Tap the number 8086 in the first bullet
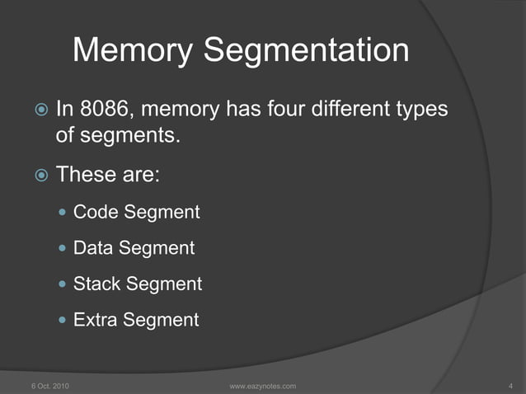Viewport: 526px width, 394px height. click(106, 108)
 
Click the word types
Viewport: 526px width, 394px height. click(422, 110)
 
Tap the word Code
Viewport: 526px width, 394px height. click(96, 212)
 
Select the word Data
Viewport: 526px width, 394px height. click(93, 247)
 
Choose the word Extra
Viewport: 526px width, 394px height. click(96, 320)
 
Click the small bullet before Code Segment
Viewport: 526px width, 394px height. click(63, 213)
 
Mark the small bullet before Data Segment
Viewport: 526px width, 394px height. click(63, 248)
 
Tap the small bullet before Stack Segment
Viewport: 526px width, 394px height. click(63, 284)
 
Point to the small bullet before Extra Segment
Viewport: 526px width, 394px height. click(63, 321)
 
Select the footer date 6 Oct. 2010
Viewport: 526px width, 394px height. click(49, 386)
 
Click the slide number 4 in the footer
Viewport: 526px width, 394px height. click(511, 386)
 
